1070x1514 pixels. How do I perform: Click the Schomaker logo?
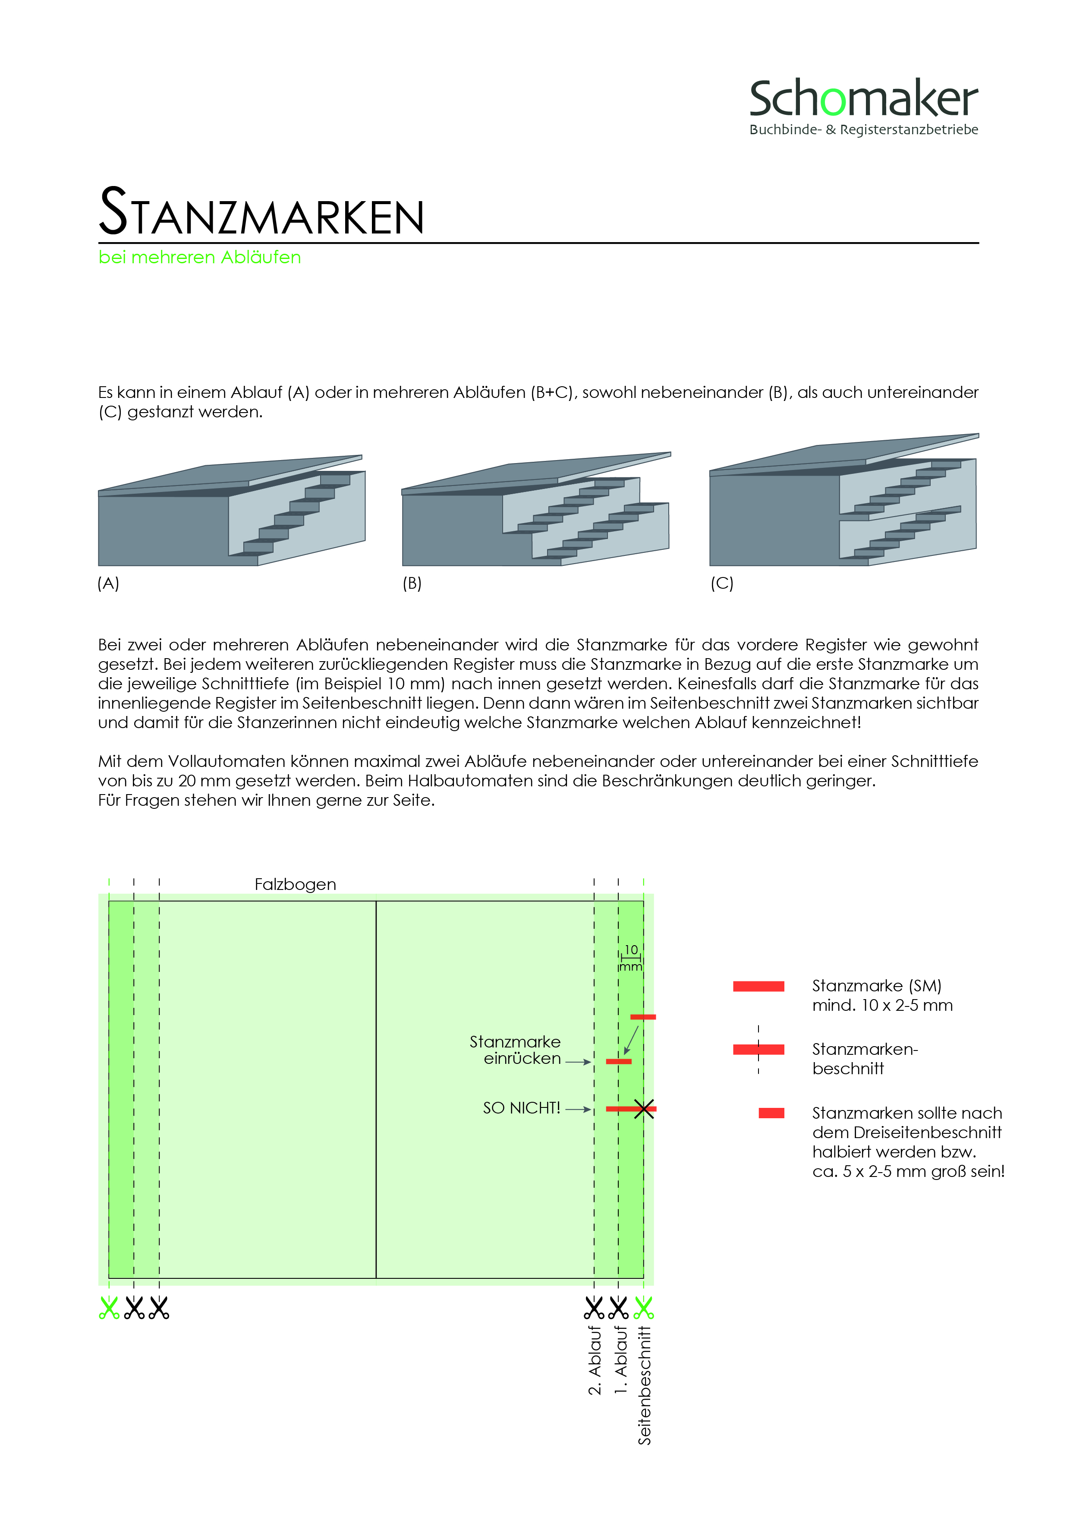coord(864,107)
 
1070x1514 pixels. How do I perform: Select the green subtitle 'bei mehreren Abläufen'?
coord(200,257)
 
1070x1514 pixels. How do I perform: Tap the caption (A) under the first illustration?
coord(108,583)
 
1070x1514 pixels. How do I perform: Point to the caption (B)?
coord(412,583)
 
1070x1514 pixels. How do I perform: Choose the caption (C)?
coord(722,583)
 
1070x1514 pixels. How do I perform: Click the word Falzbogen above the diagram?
coord(296,884)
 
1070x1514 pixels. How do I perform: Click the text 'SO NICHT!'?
coord(522,1108)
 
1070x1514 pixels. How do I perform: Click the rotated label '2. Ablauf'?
coord(595,1360)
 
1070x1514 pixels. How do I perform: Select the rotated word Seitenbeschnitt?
coord(644,1385)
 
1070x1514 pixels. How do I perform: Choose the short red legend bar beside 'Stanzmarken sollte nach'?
coord(771,1113)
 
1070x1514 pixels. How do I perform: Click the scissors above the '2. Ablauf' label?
coord(594,1308)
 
